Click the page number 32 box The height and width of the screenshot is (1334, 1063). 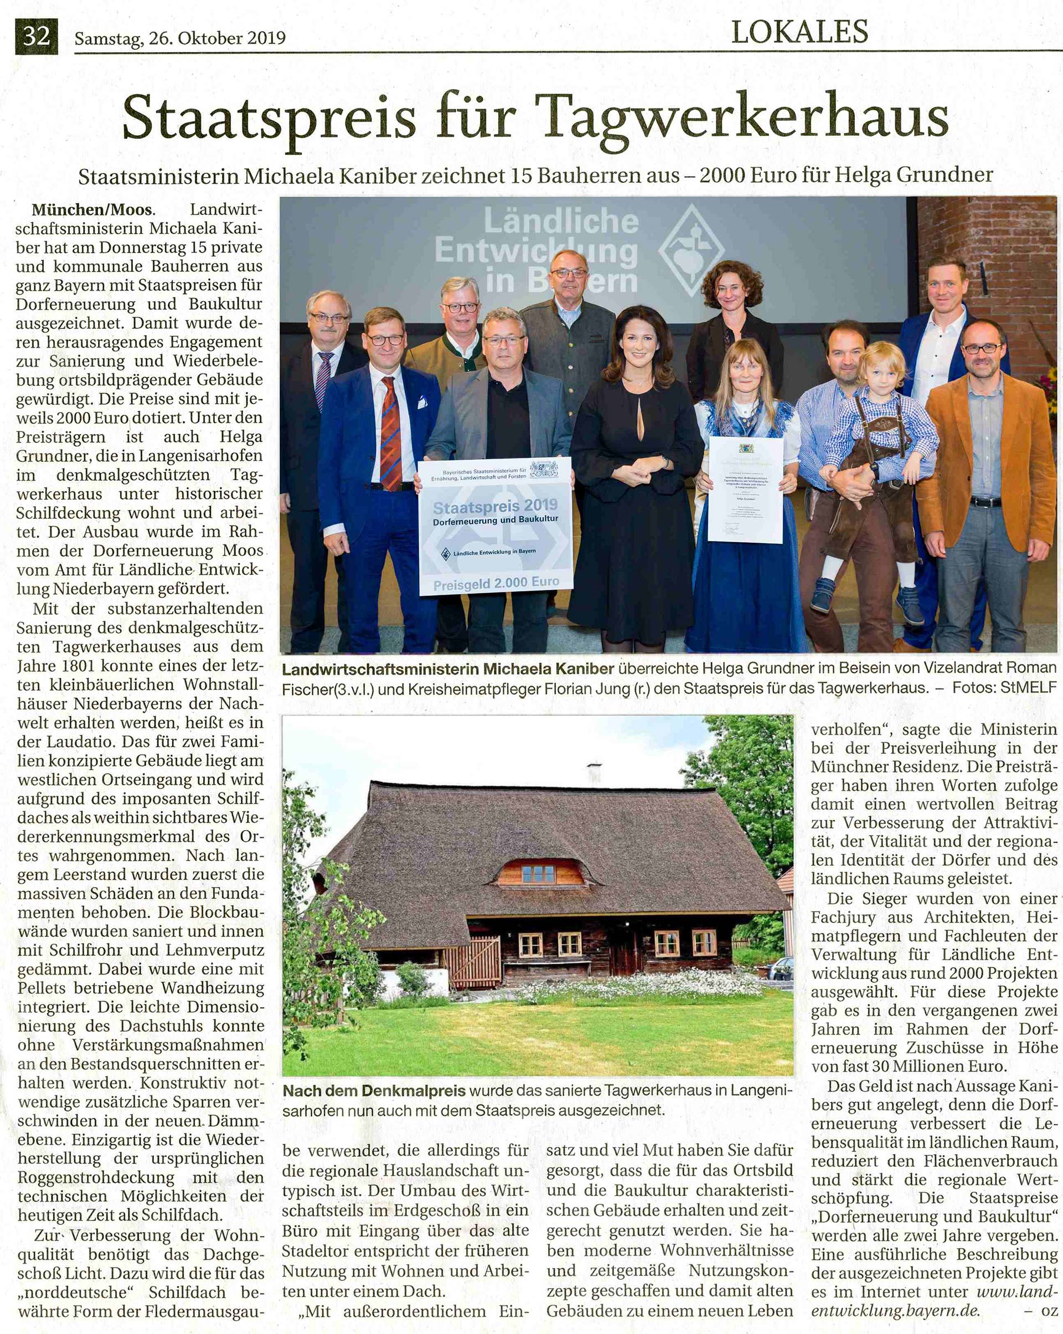coord(37,37)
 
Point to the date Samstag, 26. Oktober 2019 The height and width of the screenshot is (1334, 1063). coord(180,38)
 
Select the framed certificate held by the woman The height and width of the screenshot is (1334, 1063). coord(746,489)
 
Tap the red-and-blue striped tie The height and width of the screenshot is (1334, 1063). coord(391,433)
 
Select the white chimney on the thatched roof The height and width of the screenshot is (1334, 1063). coord(595,774)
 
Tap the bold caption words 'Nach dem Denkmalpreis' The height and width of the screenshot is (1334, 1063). coord(374,1092)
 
